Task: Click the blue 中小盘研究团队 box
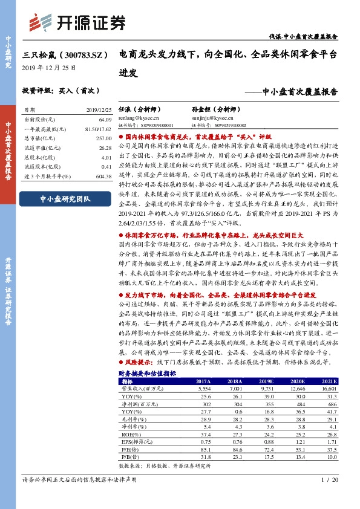click(64, 199)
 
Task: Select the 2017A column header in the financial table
click(203, 382)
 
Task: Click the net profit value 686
click(328, 403)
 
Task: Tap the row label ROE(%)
click(130, 433)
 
